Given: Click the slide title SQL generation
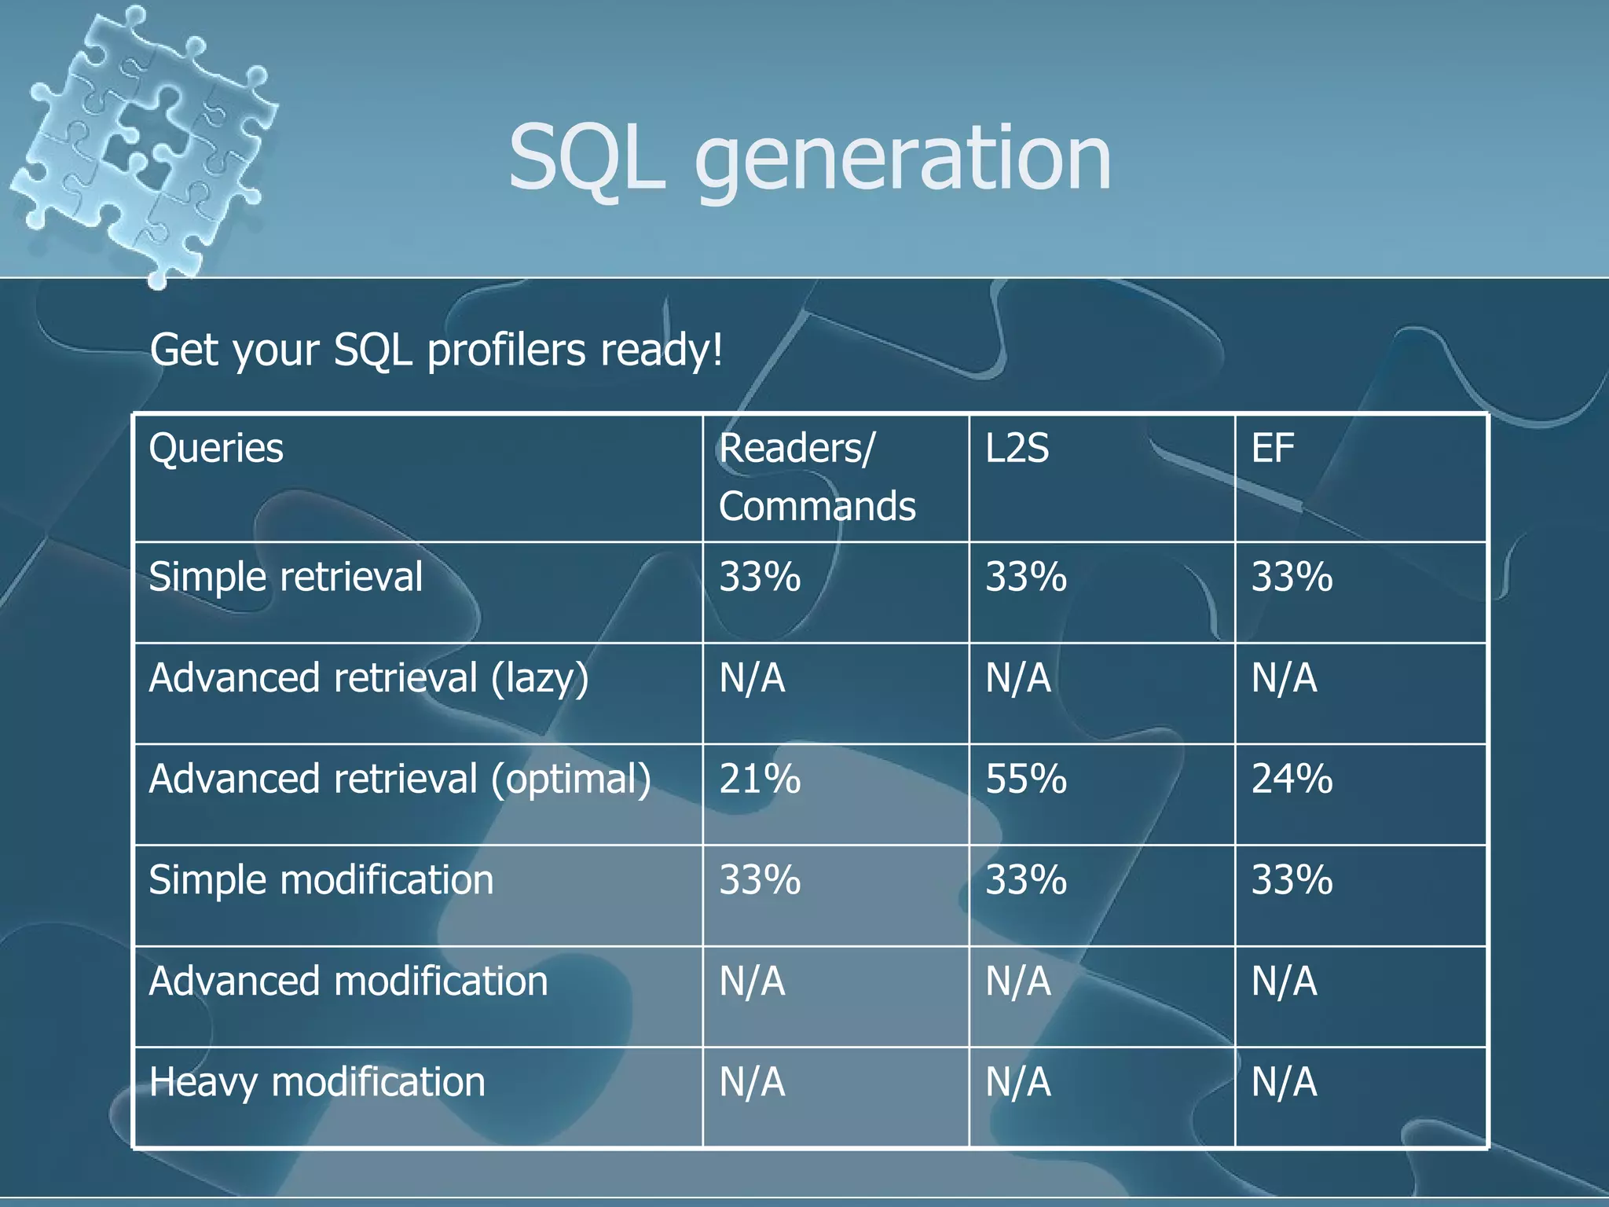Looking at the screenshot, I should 809,160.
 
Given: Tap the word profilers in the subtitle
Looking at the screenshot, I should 507,350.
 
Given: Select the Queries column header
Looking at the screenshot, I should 216,449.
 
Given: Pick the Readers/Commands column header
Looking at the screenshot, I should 817,477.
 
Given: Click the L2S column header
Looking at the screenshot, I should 1017,449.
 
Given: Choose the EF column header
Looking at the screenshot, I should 1273,449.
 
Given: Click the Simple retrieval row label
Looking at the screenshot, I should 286,577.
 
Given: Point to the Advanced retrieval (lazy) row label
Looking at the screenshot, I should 368,678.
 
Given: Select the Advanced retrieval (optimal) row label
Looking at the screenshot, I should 400,780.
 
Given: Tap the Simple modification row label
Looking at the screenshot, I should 321,880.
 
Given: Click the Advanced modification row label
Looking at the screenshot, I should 348,981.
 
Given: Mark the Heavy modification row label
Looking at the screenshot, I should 317,1082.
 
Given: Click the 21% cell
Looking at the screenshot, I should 760,780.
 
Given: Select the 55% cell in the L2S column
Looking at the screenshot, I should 1026,780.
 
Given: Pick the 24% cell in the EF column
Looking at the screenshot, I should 1292,780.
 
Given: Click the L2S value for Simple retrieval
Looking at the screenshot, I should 1026,577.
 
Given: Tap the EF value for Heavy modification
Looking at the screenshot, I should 1284,1082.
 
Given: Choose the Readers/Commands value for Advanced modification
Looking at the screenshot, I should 752,981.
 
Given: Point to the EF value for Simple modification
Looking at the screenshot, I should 1292,880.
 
